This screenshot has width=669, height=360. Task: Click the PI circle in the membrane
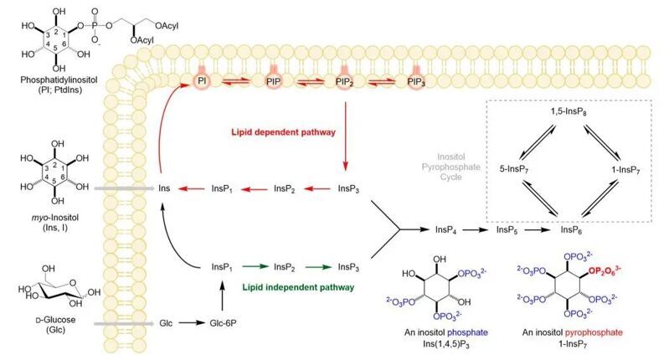pos(201,80)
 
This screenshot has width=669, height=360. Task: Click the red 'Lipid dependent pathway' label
pos(285,132)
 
